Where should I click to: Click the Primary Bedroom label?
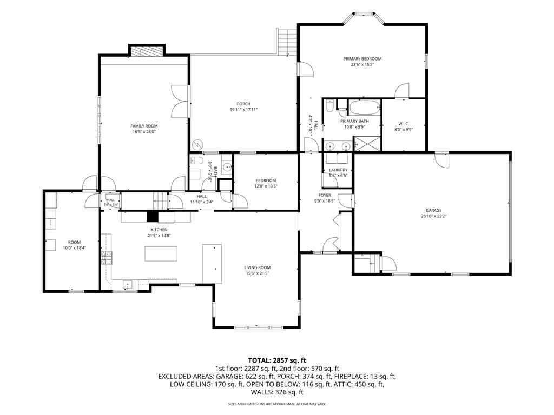coord(362,59)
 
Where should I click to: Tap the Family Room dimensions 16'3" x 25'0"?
coord(144,132)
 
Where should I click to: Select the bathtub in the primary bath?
coord(365,108)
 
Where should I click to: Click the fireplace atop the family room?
coord(147,52)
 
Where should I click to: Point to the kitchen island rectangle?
coord(161,254)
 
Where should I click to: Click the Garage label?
coord(433,211)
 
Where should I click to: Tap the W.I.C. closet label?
coord(404,124)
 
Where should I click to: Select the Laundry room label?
coord(338,170)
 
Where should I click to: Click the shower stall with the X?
coord(367,144)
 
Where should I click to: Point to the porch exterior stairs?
coord(287,42)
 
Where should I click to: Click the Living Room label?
coord(257,268)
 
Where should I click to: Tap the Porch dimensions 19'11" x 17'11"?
coord(243,110)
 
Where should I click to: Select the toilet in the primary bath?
coord(329,105)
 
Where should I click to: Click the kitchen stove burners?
coord(107,258)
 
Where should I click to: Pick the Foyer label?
coord(325,196)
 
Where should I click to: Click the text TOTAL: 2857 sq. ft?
coord(277,360)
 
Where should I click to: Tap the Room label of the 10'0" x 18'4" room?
coord(74,243)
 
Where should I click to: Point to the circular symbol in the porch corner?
coord(197,145)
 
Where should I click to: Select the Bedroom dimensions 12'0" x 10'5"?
coord(266,186)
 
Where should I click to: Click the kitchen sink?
coord(128,284)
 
